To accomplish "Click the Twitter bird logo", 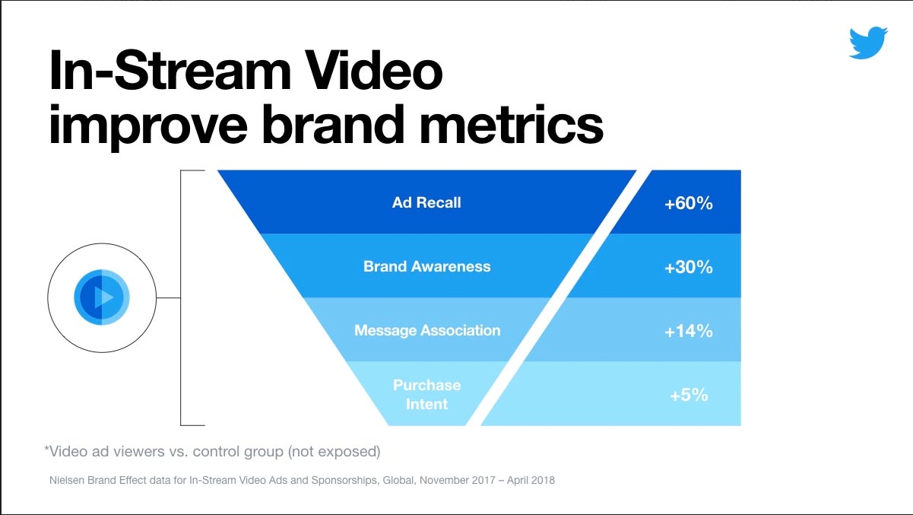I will (x=868, y=43).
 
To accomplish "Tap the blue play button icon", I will (x=102, y=296).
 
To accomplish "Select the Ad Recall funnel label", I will (x=426, y=203).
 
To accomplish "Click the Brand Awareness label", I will (x=426, y=267).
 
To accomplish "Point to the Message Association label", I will (x=427, y=331).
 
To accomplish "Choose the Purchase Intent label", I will (x=426, y=394).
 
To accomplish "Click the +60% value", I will (x=688, y=204).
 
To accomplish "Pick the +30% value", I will (x=688, y=268).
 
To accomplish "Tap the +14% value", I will (x=688, y=331).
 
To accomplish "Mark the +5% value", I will (x=688, y=395).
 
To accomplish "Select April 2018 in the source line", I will (x=531, y=480).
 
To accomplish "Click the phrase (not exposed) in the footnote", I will (x=334, y=451).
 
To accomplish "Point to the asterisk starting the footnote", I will (x=47, y=450).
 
